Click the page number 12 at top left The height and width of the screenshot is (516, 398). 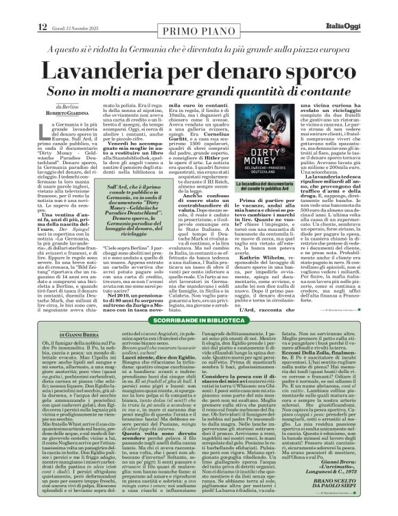pyautogui.click(x=23, y=8)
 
